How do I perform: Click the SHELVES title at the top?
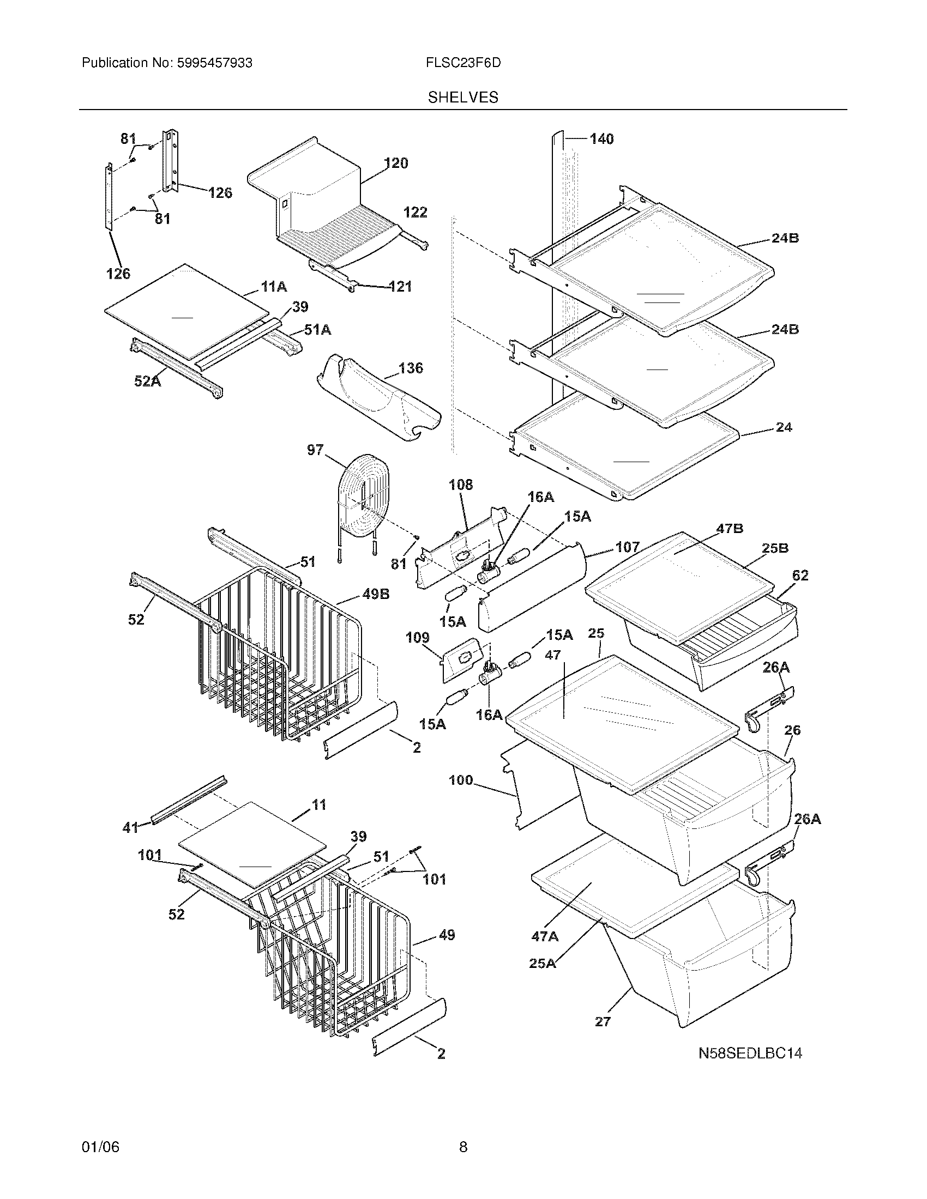coord(463,97)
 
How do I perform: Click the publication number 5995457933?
coord(214,63)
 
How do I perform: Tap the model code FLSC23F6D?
coord(463,63)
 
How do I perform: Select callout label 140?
coord(601,139)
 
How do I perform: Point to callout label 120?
coord(396,163)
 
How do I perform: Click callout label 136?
coord(411,368)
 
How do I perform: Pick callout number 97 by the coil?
coord(315,451)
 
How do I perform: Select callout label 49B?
coord(376,594)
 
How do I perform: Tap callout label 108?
coord(460,485)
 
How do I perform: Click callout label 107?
coord(627,547)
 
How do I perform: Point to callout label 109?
coord(417,638)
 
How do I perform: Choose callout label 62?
coord(800,576)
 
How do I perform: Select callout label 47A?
coord(545,936)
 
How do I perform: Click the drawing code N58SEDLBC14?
coord(750,1053)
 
